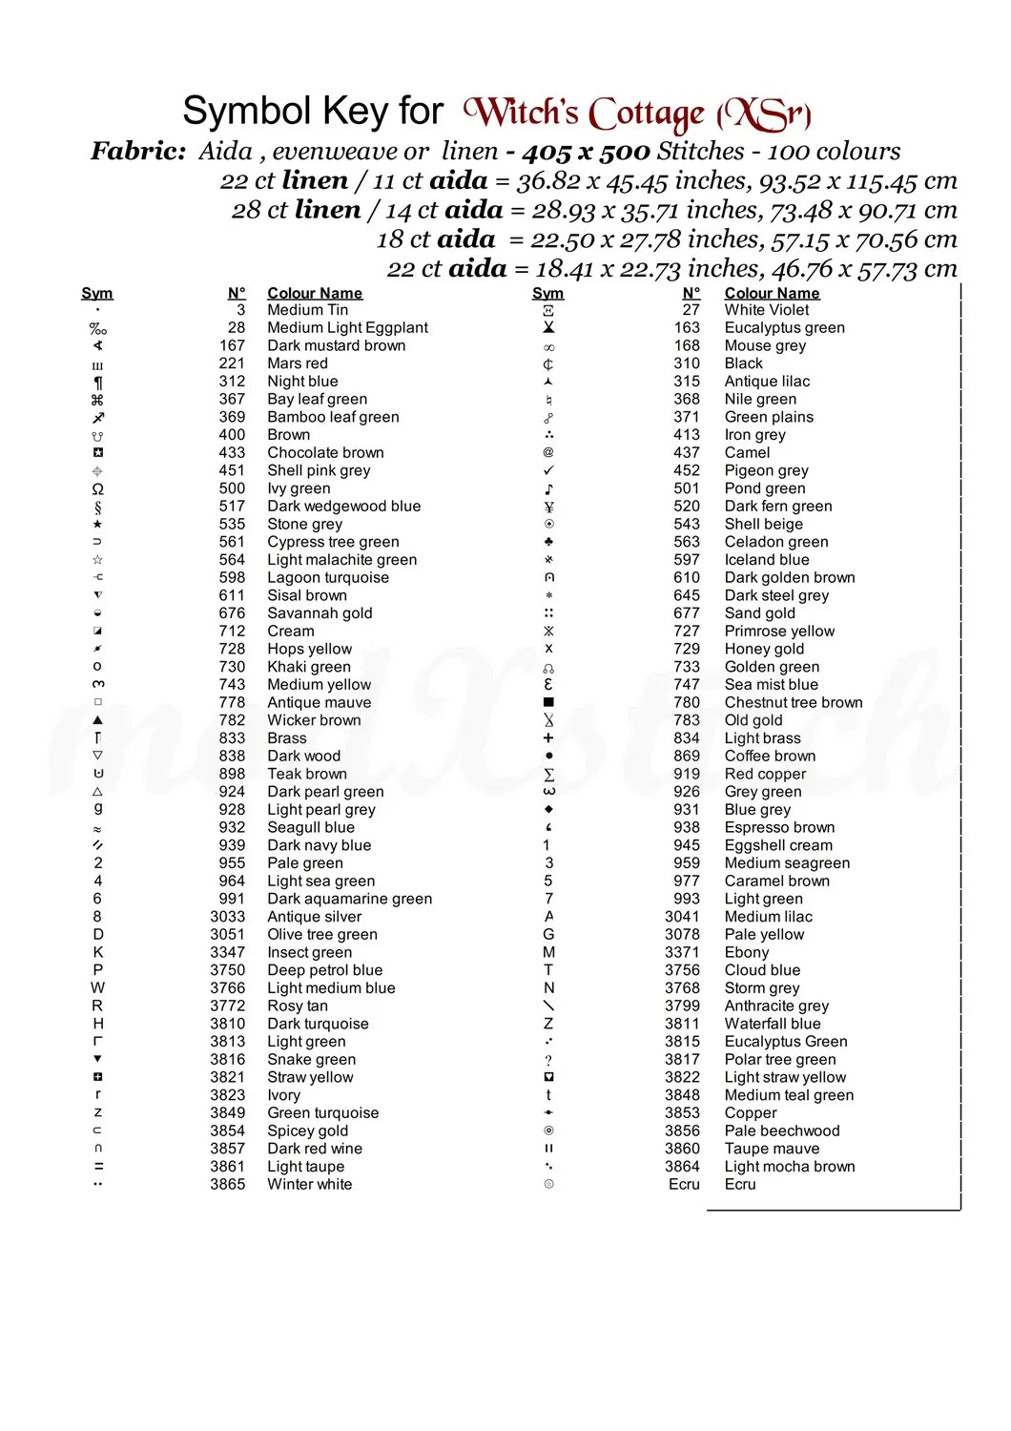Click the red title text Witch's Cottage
pos(589,114)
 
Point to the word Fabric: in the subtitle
pos(138,152)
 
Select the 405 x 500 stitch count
pos(586,152)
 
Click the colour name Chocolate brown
pos(325,452)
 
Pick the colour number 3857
pos(228,1149)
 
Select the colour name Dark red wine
pos(315,1149)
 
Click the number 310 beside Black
pos(687,363)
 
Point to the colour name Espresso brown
pos(779,827)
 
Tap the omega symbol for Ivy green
pos(97,488)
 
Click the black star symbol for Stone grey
pos(97,524)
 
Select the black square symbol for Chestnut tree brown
pos(548,702)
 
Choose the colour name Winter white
pos(309,1184)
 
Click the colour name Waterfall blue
pos(772,1024)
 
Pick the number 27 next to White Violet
pos(691,310)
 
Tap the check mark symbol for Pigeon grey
pos(548,470)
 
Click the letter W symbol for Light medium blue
pos(97,988)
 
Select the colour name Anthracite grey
pos(776,1006)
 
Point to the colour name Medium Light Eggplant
pos(347,327)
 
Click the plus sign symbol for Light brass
pos(548,738)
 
